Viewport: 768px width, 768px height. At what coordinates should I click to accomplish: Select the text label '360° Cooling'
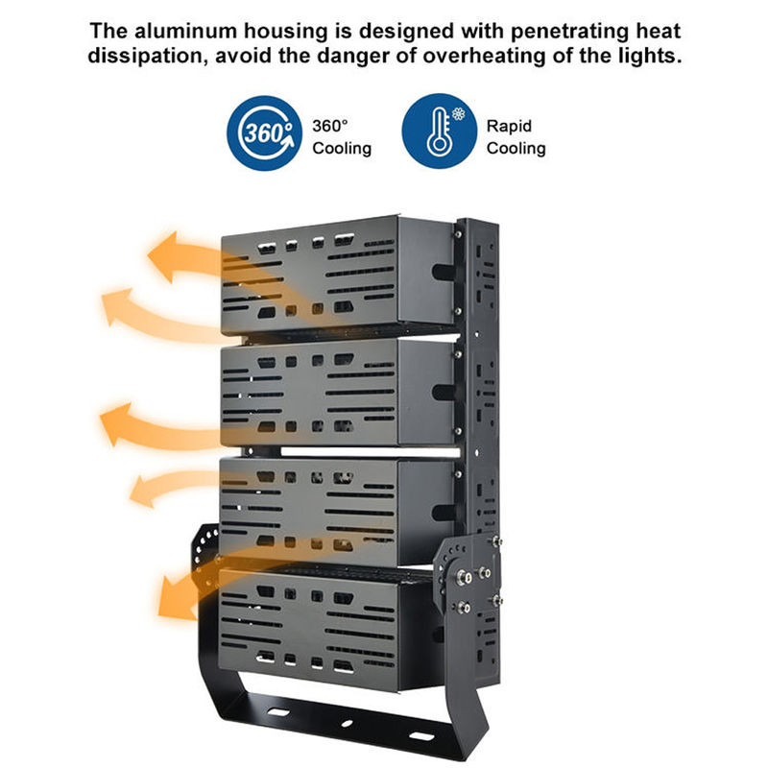tap(342, 137)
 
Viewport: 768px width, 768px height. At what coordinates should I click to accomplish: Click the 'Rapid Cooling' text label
tap(516, 137)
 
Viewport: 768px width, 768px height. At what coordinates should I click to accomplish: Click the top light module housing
tap(336, 274)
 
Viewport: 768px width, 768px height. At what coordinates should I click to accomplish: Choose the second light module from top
tap(336, 394)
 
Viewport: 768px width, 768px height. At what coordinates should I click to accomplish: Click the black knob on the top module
tap(444, 272)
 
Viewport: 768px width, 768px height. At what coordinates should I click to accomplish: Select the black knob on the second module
tap(444, 392)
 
